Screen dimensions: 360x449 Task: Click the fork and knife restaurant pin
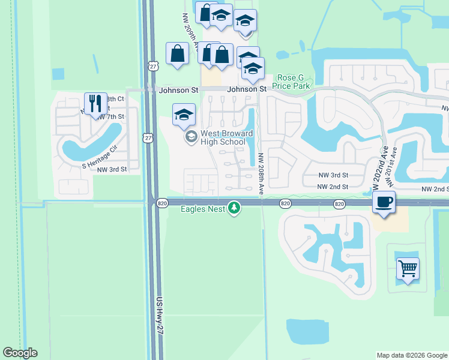click(x=94, y=104)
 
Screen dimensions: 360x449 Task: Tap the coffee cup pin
click(x=384, y=202)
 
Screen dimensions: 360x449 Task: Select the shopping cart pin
click(x=408, y=269)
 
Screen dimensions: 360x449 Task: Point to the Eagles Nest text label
click(x=203, y=209)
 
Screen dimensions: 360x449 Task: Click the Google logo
click(x=20, y=353)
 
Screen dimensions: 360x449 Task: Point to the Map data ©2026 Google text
click(x=411, y=355)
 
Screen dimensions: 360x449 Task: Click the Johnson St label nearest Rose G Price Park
click(x=247, y=89)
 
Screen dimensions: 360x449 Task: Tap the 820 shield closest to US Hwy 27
click(x=163, y=204)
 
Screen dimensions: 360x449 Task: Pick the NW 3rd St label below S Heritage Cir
click(x=113, y=170)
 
